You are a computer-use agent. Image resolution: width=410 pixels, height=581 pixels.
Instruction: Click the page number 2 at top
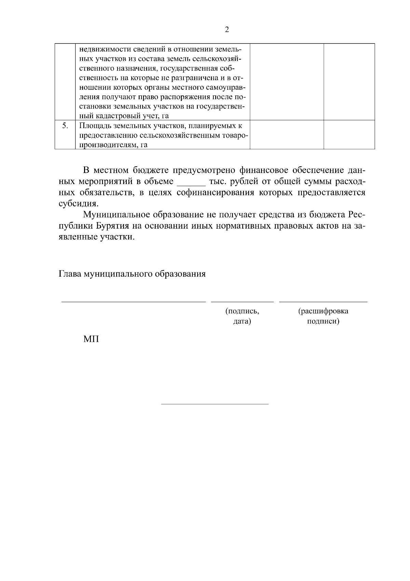(227, 29)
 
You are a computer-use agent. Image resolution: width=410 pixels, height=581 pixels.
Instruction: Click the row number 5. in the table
(65, 126)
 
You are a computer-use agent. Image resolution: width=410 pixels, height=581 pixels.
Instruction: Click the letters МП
(91, 339)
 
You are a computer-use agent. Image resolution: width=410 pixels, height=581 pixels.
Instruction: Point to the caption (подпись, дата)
(242, 316)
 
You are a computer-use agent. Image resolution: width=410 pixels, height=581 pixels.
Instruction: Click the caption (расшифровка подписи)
(323, 316)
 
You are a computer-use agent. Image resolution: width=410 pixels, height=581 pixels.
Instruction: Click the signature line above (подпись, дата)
(242, 302)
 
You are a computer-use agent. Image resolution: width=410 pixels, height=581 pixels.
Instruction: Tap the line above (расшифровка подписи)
(323, 302)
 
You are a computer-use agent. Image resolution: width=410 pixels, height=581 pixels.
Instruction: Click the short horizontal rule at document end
(215, 404)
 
